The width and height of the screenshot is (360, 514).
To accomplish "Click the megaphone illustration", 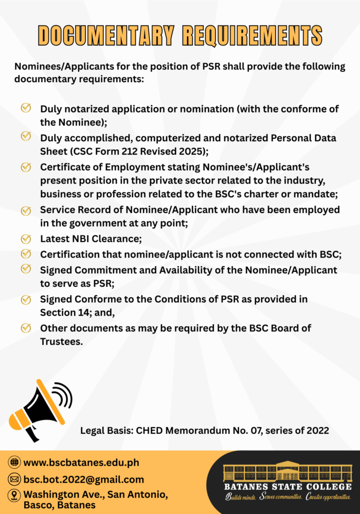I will (x=39, y=411).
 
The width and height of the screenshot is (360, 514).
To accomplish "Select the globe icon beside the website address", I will (x=14, y=462).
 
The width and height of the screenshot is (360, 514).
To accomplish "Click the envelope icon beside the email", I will (x=14, y=480).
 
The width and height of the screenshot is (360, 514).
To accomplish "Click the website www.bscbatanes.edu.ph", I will (x=81, y=462).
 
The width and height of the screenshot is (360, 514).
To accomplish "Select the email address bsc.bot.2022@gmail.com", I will (x=84, y=480).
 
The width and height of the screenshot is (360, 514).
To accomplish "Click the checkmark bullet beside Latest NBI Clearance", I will (x=25, y=239).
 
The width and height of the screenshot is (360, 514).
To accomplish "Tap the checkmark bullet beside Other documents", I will (x=25, y=328).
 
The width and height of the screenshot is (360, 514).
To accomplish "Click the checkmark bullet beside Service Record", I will (x=25, y=210).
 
